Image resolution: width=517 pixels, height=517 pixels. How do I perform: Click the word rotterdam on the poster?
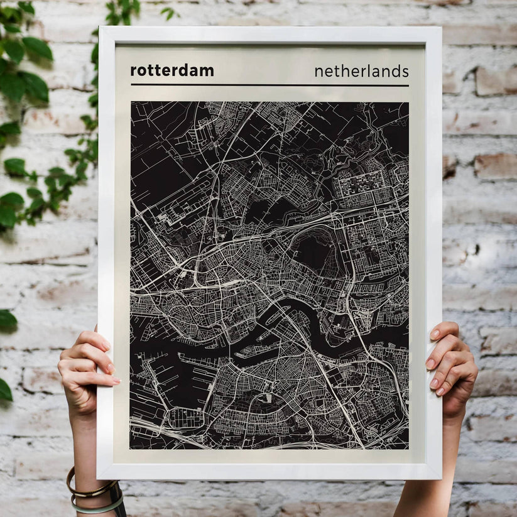point(171,70)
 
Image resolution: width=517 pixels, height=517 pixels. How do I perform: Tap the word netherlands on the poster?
point(361,71)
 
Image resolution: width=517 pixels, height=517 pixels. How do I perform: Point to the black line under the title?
point(269,85)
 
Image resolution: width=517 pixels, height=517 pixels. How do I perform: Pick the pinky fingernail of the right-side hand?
point(440,391)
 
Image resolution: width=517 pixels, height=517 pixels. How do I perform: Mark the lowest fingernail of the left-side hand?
point(116,381)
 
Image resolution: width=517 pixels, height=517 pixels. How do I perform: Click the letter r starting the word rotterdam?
point(133,72)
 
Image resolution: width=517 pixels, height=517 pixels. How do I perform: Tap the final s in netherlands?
point(405,72)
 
